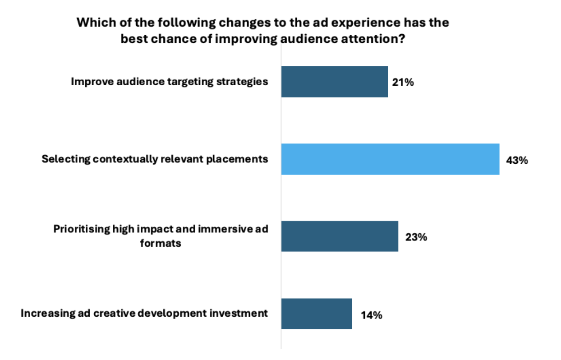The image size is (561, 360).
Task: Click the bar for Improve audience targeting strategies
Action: click(334, 82)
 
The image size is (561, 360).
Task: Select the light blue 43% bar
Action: click(390, 159)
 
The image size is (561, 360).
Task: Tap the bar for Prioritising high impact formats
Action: click(340, 236)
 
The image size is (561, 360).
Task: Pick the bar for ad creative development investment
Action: click(317, 314)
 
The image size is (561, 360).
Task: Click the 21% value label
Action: click(403, 83)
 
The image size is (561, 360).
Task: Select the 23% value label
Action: click(416, 237)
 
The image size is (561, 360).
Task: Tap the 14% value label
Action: click(372, 315)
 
